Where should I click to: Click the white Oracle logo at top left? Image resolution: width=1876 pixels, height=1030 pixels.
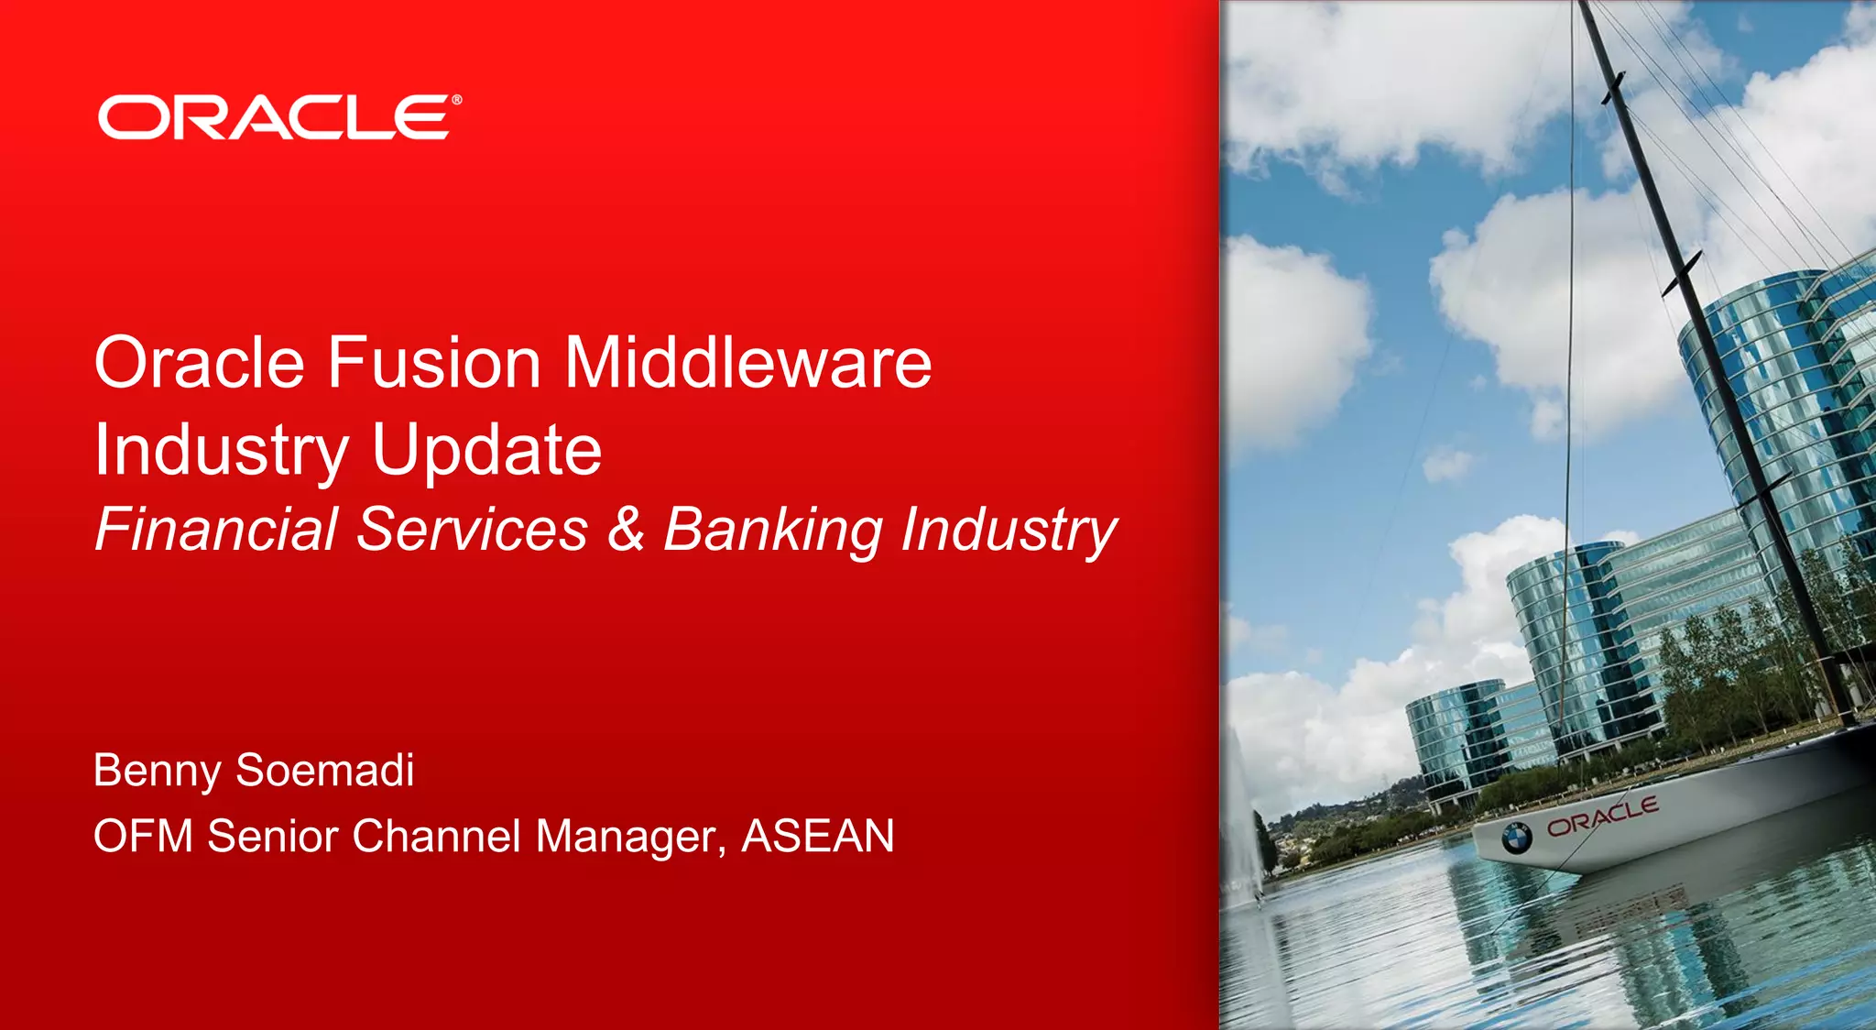(275, 117)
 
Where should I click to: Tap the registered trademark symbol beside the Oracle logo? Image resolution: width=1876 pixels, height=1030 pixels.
(456, 100)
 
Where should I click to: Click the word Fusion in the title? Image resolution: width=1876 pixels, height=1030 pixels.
(434, 363)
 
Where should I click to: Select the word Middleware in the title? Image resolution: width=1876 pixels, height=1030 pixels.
(747, 363)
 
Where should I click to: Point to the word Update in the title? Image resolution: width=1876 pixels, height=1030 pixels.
(486, 451)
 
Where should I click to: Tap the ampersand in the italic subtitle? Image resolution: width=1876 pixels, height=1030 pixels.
(626, 529)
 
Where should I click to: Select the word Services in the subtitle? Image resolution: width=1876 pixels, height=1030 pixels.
(472, 529)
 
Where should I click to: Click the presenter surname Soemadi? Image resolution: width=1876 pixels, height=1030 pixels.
(324, 770)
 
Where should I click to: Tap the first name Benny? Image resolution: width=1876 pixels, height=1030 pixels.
(157, 771)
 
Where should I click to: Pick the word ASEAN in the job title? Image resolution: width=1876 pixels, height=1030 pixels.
(817, 836)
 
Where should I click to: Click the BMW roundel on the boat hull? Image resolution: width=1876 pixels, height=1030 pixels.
(1516, 837)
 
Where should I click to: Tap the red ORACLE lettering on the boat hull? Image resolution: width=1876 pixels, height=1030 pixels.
(1602, 816)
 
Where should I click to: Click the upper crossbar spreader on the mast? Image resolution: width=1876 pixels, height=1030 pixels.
(1613, 88)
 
